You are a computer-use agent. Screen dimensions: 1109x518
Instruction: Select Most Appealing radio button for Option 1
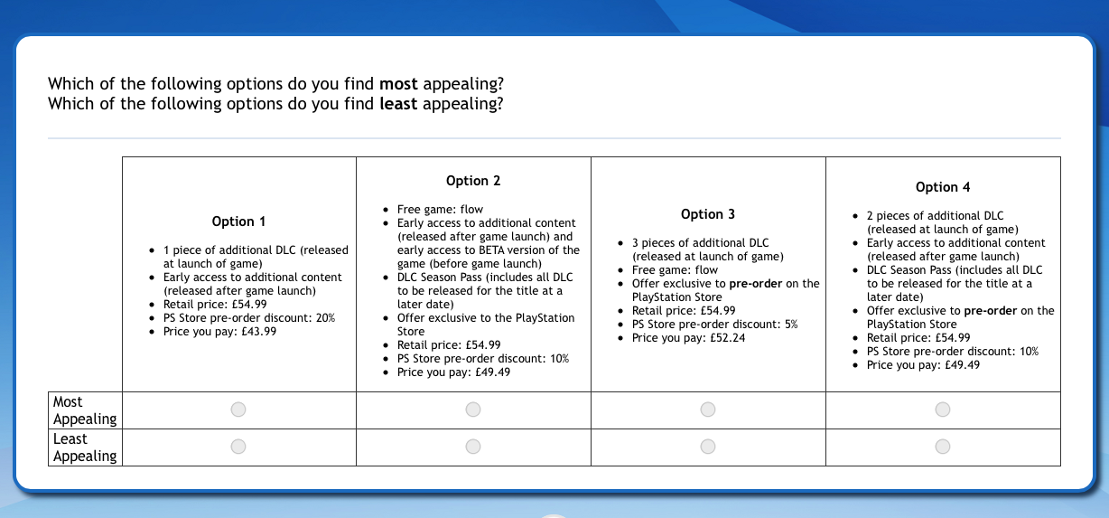[x=238, y=410]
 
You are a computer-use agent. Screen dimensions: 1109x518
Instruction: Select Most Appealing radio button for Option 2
[x=473, y=410]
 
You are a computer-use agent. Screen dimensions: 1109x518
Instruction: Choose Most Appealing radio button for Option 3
[x=707, y=410]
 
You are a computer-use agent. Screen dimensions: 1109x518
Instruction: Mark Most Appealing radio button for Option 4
[x=942, y=410]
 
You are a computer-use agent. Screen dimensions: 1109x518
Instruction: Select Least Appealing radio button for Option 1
[x=238, y=447]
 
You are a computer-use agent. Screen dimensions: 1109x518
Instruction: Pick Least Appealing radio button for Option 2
[x=473, y=447]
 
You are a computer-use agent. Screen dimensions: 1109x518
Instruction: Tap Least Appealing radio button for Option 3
[x=707, y=447]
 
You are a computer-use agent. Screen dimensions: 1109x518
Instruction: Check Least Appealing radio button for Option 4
[x=942, y=447]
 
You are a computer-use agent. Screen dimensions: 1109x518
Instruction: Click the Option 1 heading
[x=238, y=221]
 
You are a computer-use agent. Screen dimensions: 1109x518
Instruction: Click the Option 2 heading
[x=473, y=181]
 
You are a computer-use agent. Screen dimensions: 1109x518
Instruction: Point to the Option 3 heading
[x=708, y=214]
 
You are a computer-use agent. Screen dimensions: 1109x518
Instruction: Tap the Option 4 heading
[x=943, y=187]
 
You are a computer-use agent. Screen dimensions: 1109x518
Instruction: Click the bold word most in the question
[x=398, y=84]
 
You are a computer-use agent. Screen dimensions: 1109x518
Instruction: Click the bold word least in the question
[x=398, y=104]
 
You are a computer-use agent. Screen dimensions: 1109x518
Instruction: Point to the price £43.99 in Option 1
[x=259, y=332]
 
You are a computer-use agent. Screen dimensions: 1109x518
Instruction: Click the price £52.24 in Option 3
[x=727, y=338]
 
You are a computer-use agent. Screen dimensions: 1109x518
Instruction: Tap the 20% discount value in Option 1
[x=325, y=318]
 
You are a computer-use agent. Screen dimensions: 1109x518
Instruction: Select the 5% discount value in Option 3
[x=790, y=325]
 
